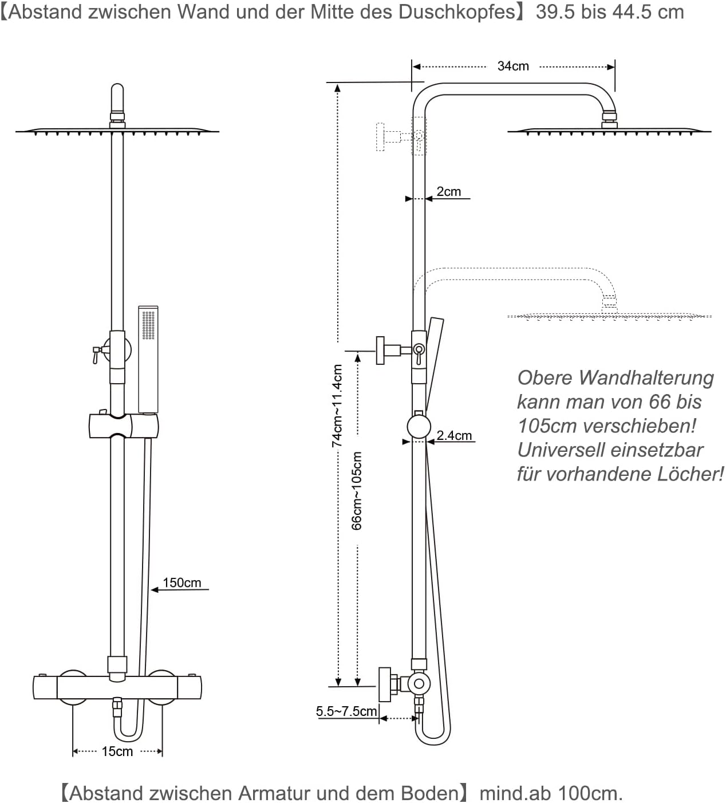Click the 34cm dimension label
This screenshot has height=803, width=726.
[512, 66]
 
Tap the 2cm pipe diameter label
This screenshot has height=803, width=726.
[448, 192]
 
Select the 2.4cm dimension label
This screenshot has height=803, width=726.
[454, 435]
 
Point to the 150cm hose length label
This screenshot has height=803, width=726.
[181, 582]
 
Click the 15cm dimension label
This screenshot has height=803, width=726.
[117, 751]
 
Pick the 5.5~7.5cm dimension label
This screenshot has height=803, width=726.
[346, 711]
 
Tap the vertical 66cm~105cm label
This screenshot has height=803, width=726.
[356, 490]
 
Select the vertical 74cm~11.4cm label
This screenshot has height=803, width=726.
[337, 406]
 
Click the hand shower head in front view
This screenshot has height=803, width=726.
[148, 358]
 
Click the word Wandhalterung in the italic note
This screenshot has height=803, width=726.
[646, 378]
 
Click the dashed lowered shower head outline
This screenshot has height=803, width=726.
[609, 316]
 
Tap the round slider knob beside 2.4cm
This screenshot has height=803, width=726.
[419, 427]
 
